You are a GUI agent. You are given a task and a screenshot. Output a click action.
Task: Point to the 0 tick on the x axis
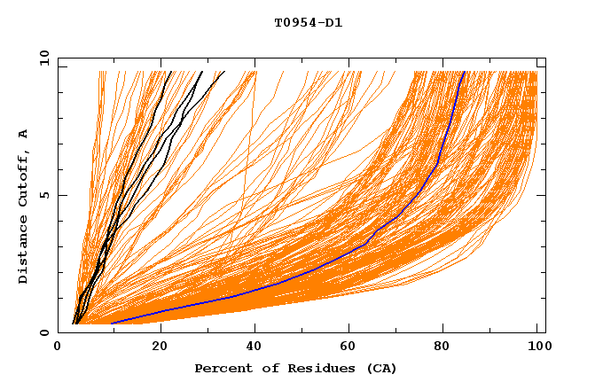point(59,347)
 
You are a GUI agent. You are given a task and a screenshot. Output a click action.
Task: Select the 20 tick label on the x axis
point(160,347)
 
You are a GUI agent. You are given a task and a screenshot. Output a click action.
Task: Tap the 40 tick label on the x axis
point(256,347)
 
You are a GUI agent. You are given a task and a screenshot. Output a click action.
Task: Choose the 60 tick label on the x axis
point(352,347)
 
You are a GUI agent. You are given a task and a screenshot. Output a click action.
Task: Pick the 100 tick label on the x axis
point(537,347)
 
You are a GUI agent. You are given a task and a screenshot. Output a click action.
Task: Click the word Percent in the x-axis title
point(221,368)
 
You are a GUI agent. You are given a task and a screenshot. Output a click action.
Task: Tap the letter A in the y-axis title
point(24,133)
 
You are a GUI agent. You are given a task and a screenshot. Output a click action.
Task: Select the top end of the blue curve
point(464,72)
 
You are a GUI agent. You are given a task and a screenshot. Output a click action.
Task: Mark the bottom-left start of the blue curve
point(113,323)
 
